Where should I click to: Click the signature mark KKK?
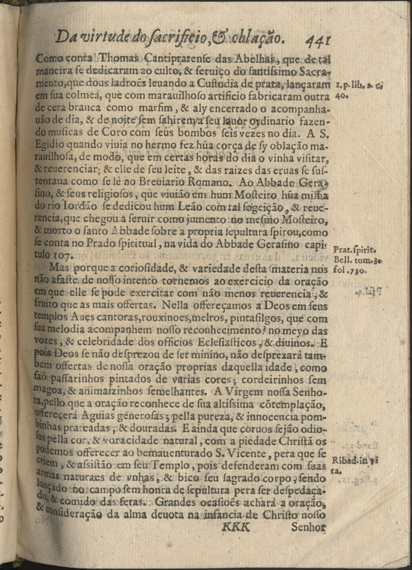[x=235, y=527]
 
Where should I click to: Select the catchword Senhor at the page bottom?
[x=308, y=528]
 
